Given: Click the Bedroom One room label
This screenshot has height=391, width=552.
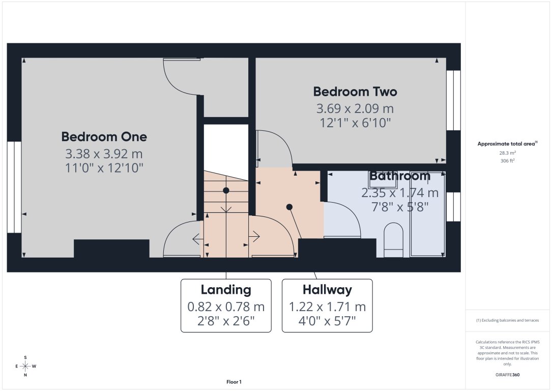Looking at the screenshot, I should click(x=104, y=136).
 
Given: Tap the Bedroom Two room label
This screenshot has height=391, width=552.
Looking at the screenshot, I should click(x=355, y=92).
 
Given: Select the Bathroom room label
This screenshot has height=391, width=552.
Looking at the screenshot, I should click(x=399, y=176).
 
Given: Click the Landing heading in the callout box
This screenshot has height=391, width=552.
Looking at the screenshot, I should click(x=226, y=290).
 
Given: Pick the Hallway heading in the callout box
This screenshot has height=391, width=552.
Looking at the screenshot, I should click(x=327, y=290).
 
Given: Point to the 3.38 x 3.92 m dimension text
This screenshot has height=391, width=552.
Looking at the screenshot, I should click(x=104, y=153).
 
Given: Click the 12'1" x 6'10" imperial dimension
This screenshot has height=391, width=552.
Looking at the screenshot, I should click(x=355, y=123).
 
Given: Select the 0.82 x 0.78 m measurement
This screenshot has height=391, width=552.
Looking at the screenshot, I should click(x=226, y=307).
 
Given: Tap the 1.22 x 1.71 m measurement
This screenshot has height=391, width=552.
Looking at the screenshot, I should click(x=327, y=307).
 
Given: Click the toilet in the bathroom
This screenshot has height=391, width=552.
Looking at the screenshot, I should click(x=393, y=240).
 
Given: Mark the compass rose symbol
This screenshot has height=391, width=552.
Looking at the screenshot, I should click(x=25, y=366).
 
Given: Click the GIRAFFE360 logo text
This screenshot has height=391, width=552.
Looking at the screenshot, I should click(x=507, y=375).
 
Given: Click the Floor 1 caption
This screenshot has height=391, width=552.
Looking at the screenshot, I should click(x=234, y=382).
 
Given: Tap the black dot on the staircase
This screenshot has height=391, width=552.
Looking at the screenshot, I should click(x=226, y=190).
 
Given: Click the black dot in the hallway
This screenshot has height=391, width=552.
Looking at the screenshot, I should click(x=289, y=207).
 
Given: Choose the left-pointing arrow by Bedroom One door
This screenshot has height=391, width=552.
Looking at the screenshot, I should click(x=196, y=237).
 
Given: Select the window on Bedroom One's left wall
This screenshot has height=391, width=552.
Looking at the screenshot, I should click(x=14, y=187).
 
